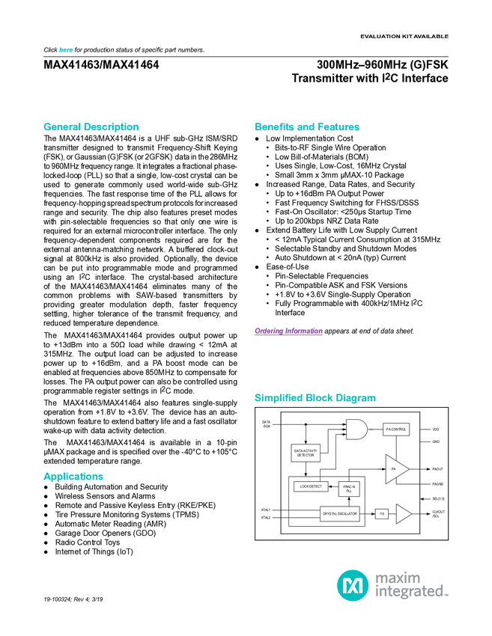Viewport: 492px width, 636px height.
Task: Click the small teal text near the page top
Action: tap(65, 50)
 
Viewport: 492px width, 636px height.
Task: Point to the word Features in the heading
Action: tap(339, 127)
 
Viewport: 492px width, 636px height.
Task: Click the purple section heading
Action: tap(288, 332)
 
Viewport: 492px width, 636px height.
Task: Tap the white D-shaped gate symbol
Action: tap(356, 429)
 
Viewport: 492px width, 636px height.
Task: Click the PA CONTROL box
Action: tap(396, 429)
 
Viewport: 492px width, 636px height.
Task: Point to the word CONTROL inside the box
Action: tap(398, 429)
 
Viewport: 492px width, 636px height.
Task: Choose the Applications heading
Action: tap(73, 477)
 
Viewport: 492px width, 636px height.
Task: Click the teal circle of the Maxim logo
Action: tap(352, 584)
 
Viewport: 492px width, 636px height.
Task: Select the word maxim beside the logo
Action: tap(398, 577)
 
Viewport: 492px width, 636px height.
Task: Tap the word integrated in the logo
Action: tap(410, 593)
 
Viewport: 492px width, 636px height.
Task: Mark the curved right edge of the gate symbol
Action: tap(367, 429)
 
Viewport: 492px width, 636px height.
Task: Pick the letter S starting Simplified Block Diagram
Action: tap(257, 398)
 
